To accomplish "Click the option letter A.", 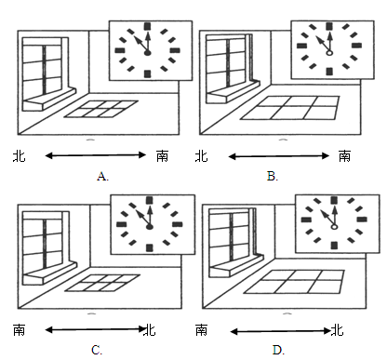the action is coord(101,177).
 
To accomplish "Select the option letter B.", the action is coord(272,177).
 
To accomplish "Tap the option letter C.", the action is coord(96,350).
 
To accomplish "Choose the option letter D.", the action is coord(277,350).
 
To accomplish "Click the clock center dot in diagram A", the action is coord(148,53).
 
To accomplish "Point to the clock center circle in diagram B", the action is coord(329,53).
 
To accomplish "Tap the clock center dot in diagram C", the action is coord(150,227).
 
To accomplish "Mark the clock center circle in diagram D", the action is coord(334,227).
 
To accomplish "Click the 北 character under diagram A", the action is coord(20,156).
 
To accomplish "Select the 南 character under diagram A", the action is coord(162,156).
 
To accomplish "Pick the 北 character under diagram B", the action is coord(201,156).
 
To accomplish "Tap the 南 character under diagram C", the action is coord(20,330).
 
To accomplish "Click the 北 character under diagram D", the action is coord(337,330).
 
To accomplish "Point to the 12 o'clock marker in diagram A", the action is coord(148,26).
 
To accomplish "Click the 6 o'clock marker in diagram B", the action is coord(329,72).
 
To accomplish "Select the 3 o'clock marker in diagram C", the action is coord(178,224).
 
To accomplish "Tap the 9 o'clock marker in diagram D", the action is coord(306,220).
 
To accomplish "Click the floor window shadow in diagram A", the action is coord(101,109).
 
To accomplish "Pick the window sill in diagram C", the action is coord(50,273).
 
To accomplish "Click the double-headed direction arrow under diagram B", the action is coord(279,156).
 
